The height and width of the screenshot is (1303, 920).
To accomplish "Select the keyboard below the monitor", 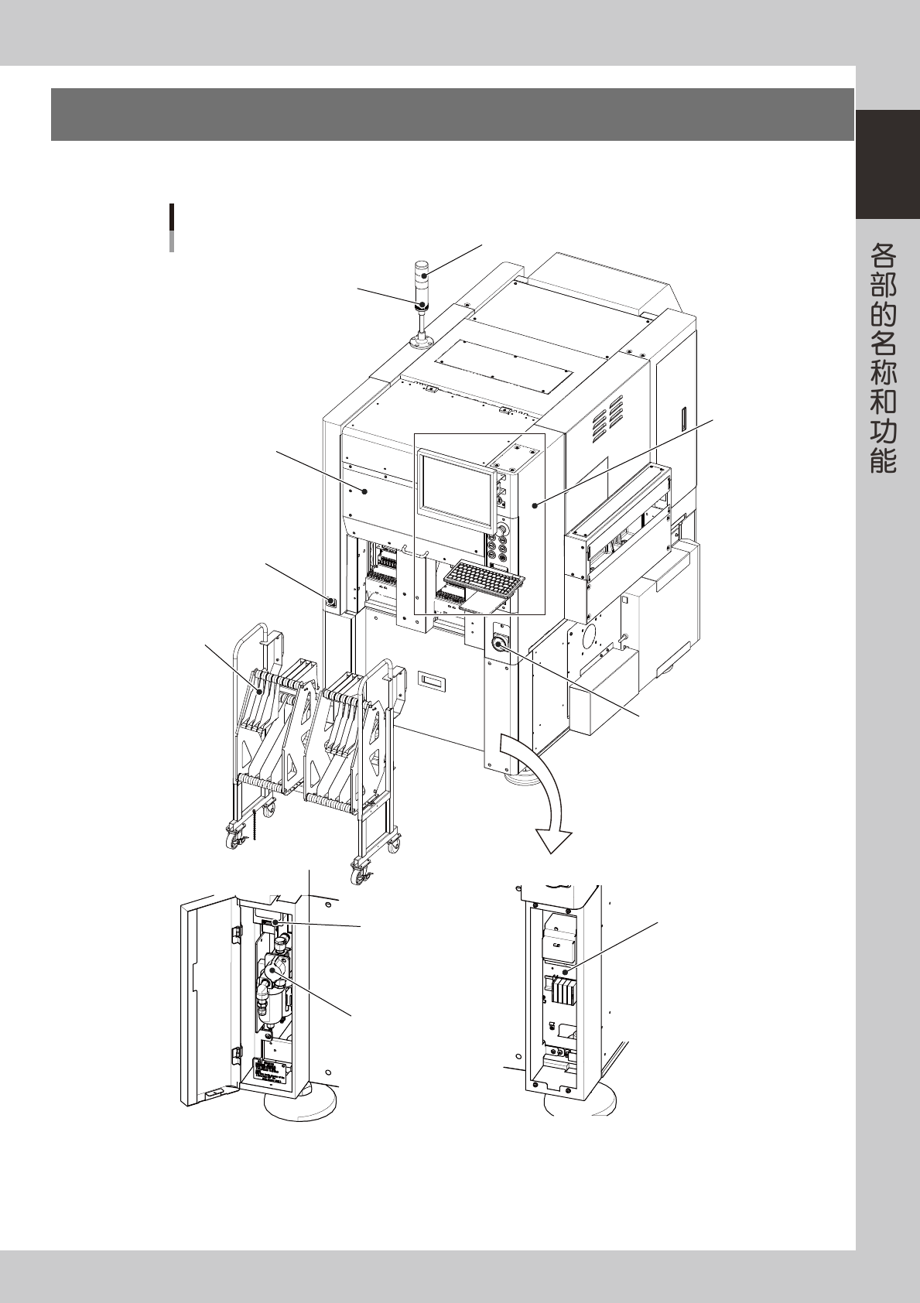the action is point(484,580).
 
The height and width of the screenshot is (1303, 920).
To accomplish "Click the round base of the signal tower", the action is point(421,341).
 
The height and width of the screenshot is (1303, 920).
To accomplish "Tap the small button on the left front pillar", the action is point(330,601).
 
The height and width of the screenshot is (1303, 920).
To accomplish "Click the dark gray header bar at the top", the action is point(453,115).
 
